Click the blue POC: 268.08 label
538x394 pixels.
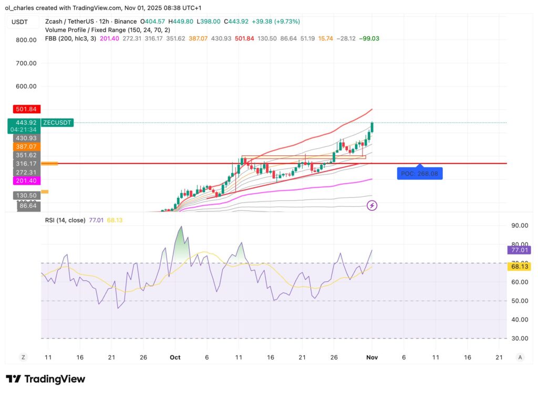click(x=419, y=173)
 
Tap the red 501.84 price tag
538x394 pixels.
click(x=25, y=109)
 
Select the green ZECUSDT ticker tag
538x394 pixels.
click(x=57, y=123)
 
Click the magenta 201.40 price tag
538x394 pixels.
click(x=25, y=180)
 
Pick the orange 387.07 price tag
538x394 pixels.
click(x=25, y=146)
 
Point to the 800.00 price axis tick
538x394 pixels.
click(x=25, y=40)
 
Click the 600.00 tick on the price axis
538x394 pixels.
click(x=25, y=87)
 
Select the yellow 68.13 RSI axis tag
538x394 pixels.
click(x=520, y=267)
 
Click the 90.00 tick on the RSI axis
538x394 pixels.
click(x=520, y=226)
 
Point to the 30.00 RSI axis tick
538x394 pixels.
click(x=520, y=338)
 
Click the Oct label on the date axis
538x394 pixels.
click(x=175, y=357)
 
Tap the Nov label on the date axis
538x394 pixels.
click(x=371, y=357)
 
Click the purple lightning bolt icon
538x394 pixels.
click(x=372, y=206)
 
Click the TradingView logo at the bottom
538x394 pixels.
click(x=45, y=379)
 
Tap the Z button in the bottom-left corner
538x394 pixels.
click(x=23, y=357)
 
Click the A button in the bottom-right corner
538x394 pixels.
click(x=520, y=357)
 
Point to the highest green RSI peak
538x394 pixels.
click(x=181, y=227)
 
